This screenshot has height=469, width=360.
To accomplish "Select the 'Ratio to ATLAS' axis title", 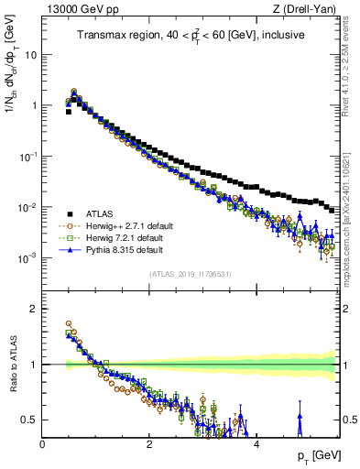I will (12, 365).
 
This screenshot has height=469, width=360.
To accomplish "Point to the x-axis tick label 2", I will (149, 443).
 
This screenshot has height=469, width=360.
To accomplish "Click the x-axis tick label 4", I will (256, 443).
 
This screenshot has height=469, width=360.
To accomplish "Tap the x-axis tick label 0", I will (43, 443).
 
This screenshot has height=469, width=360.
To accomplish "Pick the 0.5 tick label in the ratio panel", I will (29, 420).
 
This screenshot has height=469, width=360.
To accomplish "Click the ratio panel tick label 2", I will (34, 309).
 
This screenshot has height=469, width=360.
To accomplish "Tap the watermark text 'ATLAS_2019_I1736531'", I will (190, 275).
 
